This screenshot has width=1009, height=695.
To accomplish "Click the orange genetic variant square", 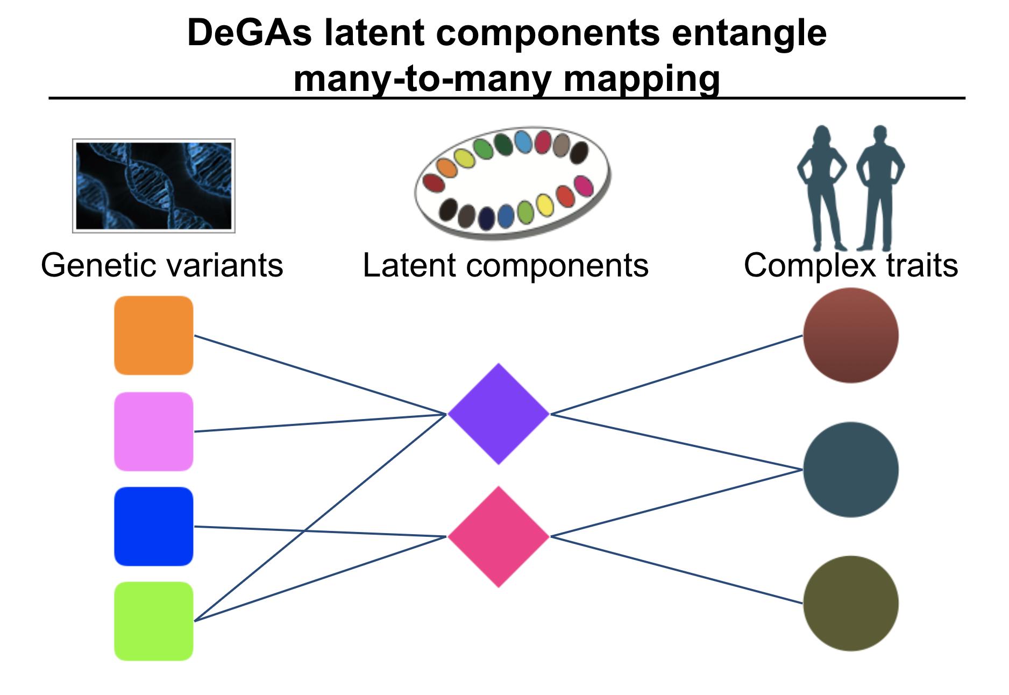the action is [153, 335].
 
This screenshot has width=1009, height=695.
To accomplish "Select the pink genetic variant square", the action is [153, 431].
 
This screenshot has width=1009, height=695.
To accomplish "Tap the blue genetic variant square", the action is [153, 527].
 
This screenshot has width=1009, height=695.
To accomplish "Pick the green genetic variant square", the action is [153, 621].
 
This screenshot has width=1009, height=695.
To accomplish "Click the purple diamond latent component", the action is [499, 414].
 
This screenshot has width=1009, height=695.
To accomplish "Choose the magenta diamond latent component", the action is [499, 536].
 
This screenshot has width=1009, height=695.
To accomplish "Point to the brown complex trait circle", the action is [851, 335].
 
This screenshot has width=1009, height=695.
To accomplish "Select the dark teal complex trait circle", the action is [851, 470].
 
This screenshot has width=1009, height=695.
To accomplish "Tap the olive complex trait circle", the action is [851, 603].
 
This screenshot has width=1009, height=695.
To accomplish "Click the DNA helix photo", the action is [154, 186].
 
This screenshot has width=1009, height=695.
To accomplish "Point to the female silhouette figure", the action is [821, 188].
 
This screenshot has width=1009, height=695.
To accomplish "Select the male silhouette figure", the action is [880, 188].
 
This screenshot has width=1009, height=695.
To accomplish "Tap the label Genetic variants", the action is [162, 265].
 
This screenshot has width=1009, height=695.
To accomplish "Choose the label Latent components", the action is [506, 265].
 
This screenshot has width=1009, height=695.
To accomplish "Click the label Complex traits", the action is [851, 265].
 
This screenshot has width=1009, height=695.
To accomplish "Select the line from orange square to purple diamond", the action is [320, 375].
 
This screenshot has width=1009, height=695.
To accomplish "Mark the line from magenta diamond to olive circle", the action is [677, 570].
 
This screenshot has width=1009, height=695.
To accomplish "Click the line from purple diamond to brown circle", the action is [677, 374].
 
